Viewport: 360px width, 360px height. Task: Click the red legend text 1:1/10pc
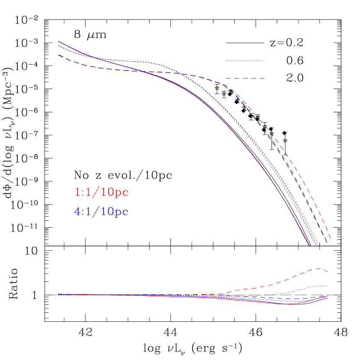tap(101, 192)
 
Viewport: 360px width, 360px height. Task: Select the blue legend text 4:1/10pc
tap(101, 212)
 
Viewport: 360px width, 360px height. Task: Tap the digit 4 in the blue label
tap(77, 212)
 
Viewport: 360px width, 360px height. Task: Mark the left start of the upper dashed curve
tap(59, 55)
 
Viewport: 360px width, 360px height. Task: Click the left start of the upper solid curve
tap(59, 41)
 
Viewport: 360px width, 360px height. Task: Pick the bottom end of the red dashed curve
tap(331, 239)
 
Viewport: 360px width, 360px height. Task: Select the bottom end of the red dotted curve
tap(319, 245)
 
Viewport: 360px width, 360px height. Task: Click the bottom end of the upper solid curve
tap(309, 245)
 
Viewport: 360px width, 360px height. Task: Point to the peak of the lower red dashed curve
tap(319, 268)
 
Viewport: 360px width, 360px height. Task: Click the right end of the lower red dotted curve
tap(327, 286)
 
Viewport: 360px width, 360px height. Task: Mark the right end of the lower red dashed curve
tap(327, 272)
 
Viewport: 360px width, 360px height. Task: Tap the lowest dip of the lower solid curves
tap(288, 304)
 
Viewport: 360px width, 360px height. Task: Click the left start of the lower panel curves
tap(58, 295)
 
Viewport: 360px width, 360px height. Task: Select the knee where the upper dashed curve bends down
tap(228, 85)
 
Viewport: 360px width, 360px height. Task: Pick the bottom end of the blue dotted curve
tap(315, 245)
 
